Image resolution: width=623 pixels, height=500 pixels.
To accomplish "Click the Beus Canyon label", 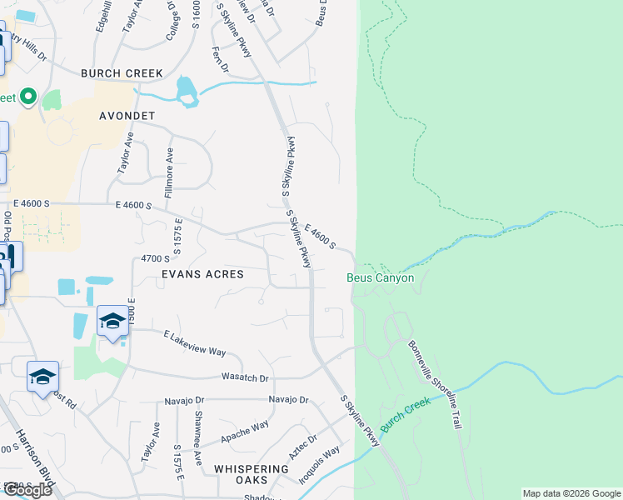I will pyautogui.click(x=381, y=277).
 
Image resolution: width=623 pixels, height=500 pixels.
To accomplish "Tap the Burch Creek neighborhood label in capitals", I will pyautogui.click(x=122, y=73).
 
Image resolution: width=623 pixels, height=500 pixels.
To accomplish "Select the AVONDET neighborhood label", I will pyautogui.click(x=127, y=115).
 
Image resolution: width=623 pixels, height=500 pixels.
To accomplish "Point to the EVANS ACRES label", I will pyautogui.click(x=203, y=274).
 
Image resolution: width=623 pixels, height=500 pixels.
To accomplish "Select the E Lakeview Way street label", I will pyautogui.click(x=194, y=342).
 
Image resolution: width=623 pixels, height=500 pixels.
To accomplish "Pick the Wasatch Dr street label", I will pyautogui.click(x=246, y=377).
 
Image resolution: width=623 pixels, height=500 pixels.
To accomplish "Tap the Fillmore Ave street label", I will pyautogui.click(x=170, y=167).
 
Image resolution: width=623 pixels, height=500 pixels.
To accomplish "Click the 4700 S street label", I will pyautogui.click(x=156, y=259).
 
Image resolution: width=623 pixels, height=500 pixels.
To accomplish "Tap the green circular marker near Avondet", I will pyautogui.click(x=27, y=97).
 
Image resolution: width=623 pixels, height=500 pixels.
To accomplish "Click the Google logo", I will pyautogui.click(x=27, y=490).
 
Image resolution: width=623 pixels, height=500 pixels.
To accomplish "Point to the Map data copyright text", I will pyautogui.click(x=571, y=493).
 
